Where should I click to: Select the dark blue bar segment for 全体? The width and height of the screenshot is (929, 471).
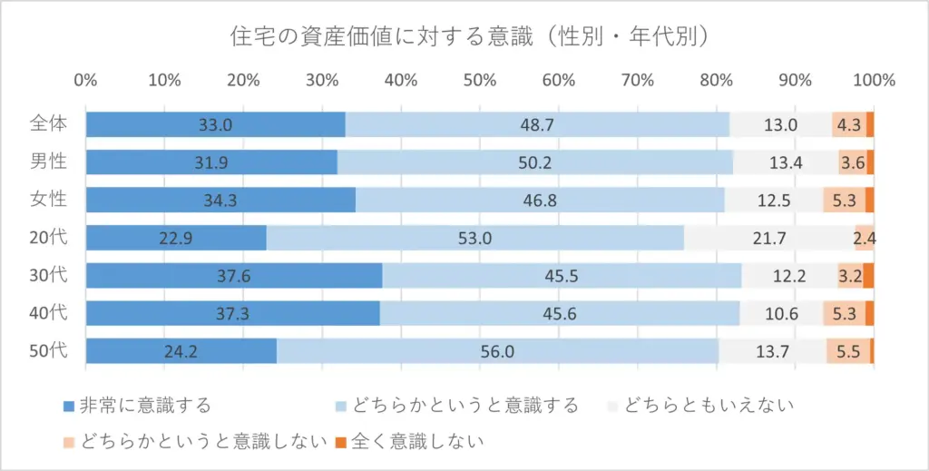[x=215, y=125]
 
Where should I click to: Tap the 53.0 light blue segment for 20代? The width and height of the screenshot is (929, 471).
[x=474, y=238]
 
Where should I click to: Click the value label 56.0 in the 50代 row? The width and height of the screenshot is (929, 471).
[x=497, y=351]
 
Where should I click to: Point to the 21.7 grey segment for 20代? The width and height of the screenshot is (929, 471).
[x=780, y=238]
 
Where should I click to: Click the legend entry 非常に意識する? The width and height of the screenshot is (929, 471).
[x=137, y=405]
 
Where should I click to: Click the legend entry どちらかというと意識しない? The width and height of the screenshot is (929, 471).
[x=195, y=442]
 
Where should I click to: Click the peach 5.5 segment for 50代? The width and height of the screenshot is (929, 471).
[x=848, y=351]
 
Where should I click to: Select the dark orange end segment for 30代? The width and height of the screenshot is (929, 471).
[x=868, y=276]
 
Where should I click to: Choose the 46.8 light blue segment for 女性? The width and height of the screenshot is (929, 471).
[x=540, y=201]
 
